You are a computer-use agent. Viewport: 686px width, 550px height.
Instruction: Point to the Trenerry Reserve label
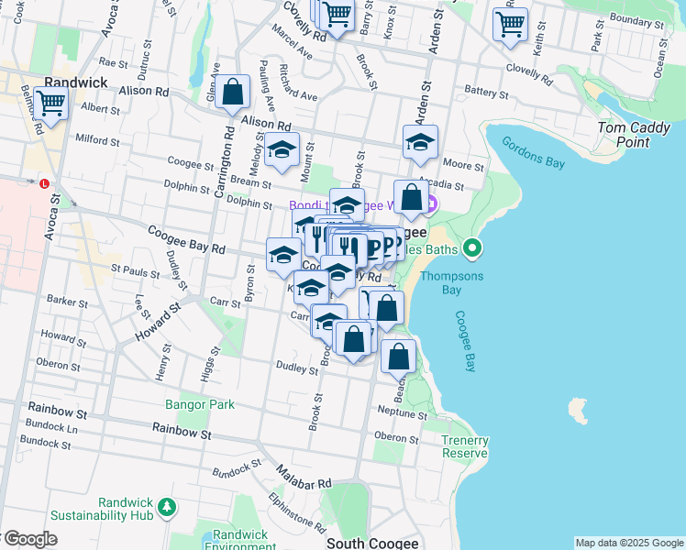click(x=465, y=446)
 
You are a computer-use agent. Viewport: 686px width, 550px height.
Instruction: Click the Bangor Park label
click(x=199, y=404)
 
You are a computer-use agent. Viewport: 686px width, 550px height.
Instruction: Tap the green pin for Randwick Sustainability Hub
click(x=166, y=506)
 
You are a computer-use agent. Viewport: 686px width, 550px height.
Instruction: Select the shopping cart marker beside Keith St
click(x=510, y=24)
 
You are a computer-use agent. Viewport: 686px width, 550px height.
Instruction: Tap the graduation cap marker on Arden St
click(x=420, y=142)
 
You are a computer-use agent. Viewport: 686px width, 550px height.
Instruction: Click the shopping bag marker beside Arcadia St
click(x=413, y=198)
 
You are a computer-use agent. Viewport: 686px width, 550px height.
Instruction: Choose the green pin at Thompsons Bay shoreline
click(x=472, y=247)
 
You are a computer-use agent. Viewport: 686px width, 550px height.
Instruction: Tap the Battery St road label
click(x=486, y=93)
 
